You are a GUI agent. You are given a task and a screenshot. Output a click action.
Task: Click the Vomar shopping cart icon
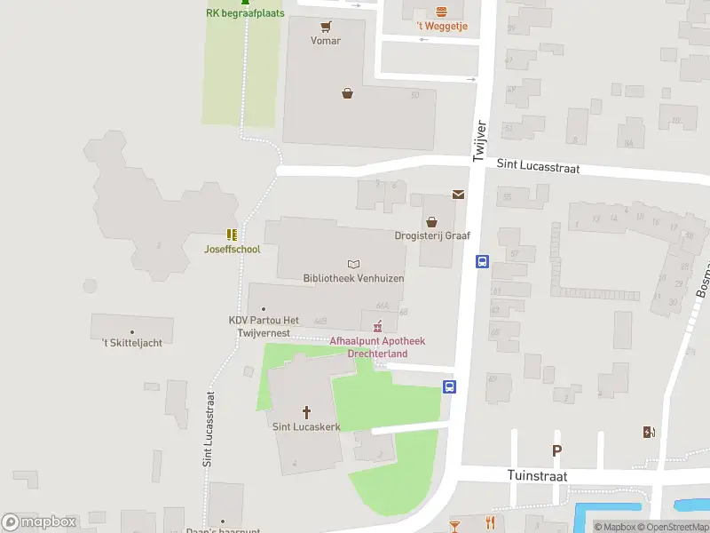point(326,26)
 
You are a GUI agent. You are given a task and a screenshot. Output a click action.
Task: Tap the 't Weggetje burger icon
point(442,12)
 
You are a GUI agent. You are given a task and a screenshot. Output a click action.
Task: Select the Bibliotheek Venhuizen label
point(353,278)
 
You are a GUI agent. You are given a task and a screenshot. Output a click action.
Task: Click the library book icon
point(354,264)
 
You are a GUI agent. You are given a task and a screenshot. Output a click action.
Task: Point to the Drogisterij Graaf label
point(432,235)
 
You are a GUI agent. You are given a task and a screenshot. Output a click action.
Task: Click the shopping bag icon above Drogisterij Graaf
point(432,221)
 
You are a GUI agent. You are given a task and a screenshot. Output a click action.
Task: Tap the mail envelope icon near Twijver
point(459,194)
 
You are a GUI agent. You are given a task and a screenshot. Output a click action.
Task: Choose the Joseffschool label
point(232,249)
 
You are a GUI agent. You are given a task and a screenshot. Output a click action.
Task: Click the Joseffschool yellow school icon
point(232,235)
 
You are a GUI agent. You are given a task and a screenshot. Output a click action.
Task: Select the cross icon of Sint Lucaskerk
point(307,412)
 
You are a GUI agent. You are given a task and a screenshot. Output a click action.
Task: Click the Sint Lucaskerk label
point(307,426)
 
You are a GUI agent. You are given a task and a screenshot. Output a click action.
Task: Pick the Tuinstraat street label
point(537,476)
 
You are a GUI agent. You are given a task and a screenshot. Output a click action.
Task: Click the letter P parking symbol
point(557,450)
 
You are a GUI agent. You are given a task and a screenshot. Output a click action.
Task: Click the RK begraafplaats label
point(244,13)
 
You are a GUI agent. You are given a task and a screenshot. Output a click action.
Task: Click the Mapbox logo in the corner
point(39,522)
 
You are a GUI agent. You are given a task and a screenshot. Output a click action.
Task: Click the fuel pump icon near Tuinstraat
point(650,433)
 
